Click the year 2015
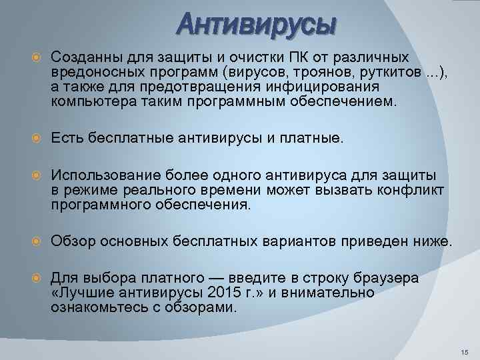click(x=223, y=293)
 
